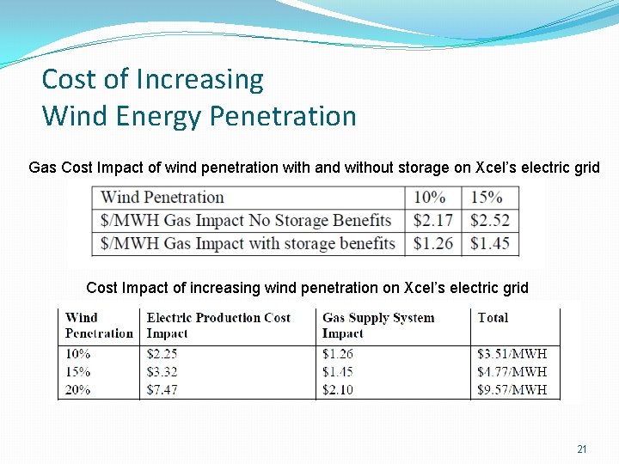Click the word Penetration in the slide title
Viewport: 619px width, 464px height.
[x=284, y=116]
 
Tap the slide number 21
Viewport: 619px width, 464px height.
[x=582, y=449]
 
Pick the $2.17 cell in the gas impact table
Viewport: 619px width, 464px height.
[x=432, y=221]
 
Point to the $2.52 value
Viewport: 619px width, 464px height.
[x=490, y=221]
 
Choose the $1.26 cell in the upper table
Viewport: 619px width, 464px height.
[x=432, y=244]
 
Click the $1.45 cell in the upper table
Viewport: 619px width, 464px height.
[x=490, y=244]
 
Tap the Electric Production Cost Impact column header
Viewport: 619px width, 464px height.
[x=218, y=325]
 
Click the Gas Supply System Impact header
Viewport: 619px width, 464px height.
[x=377, y=325]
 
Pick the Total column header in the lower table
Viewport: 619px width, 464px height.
[x=493, y=317]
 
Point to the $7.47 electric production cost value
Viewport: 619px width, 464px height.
[x=162, y=390]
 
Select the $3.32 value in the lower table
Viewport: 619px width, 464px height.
[x=162, y=372]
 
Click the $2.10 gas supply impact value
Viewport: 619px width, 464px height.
[x=338, y=390]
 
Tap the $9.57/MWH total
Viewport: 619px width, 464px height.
[x=512, y=390]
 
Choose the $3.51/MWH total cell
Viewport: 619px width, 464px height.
[x=512, y=354]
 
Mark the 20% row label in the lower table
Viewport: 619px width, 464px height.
[x=77, y=390]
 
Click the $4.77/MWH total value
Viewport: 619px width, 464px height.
[x=512, y=372]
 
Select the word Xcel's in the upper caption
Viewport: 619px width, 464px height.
[x=494, y=168]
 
